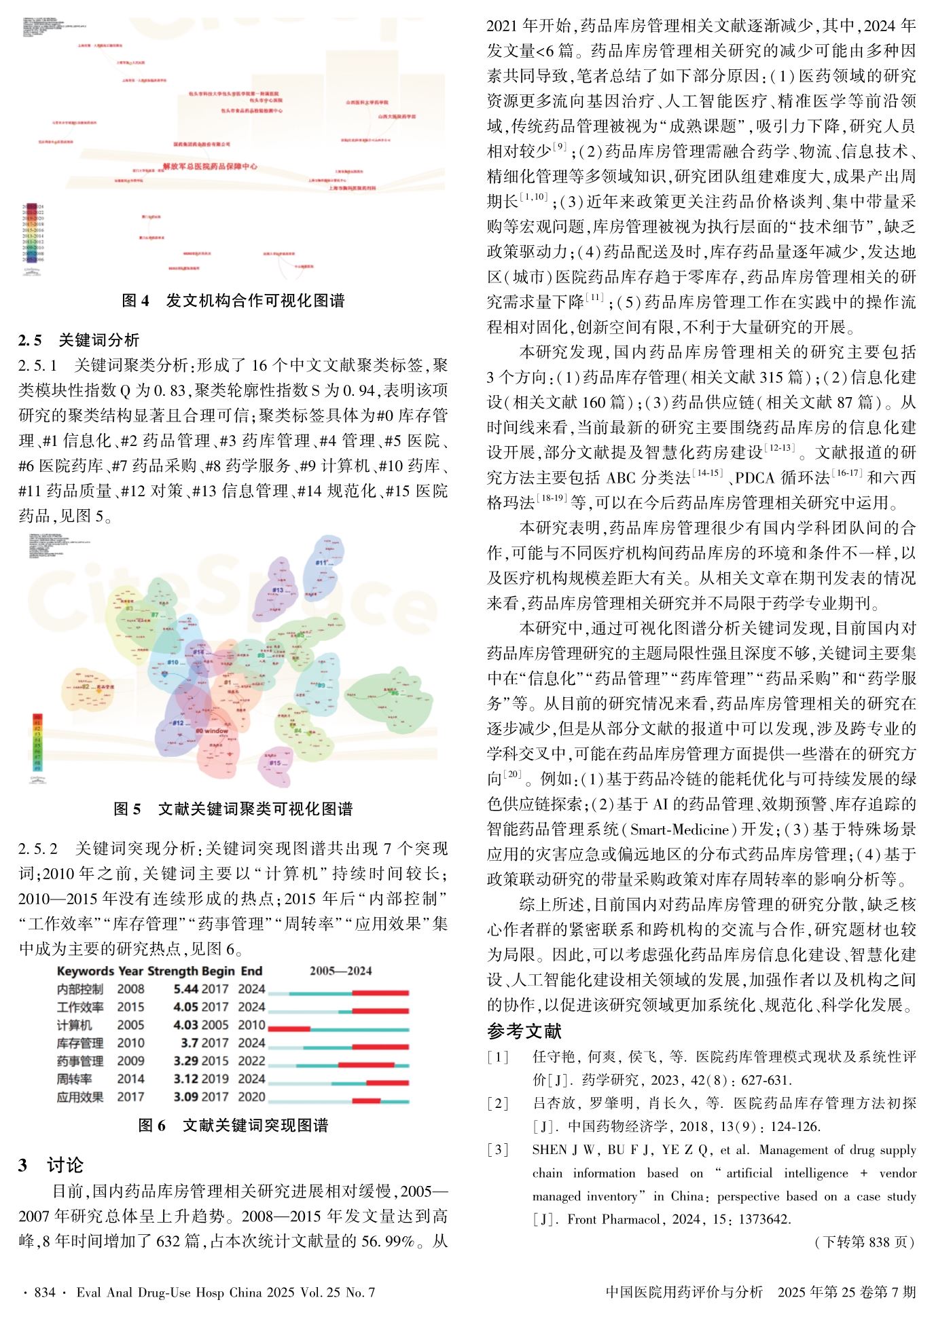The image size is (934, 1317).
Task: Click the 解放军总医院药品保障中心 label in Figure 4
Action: (210, 166)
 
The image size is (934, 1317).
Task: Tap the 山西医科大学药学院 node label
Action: (367, 103)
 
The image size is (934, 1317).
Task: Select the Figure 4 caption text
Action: (233, 301)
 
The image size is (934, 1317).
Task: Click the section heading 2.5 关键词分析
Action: (79, 339)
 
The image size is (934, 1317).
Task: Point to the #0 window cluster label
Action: (213, 731)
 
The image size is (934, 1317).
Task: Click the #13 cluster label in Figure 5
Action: (278, 590)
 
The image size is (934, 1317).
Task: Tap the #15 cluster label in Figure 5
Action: (275, 763)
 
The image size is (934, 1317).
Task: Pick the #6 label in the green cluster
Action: (395, 693)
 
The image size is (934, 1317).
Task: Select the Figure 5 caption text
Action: (233, 809)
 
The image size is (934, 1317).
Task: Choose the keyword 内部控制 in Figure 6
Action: (80, 989)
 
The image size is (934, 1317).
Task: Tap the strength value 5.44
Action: (186, 989)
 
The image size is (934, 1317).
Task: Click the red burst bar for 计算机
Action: (289, 1028)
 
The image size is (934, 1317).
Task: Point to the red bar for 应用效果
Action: (367, 1100)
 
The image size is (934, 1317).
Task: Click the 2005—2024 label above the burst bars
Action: (341, 971)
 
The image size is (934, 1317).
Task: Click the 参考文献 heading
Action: (524, 1031)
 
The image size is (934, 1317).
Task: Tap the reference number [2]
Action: (498, 1103)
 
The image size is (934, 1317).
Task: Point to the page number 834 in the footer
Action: (45, 1292)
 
